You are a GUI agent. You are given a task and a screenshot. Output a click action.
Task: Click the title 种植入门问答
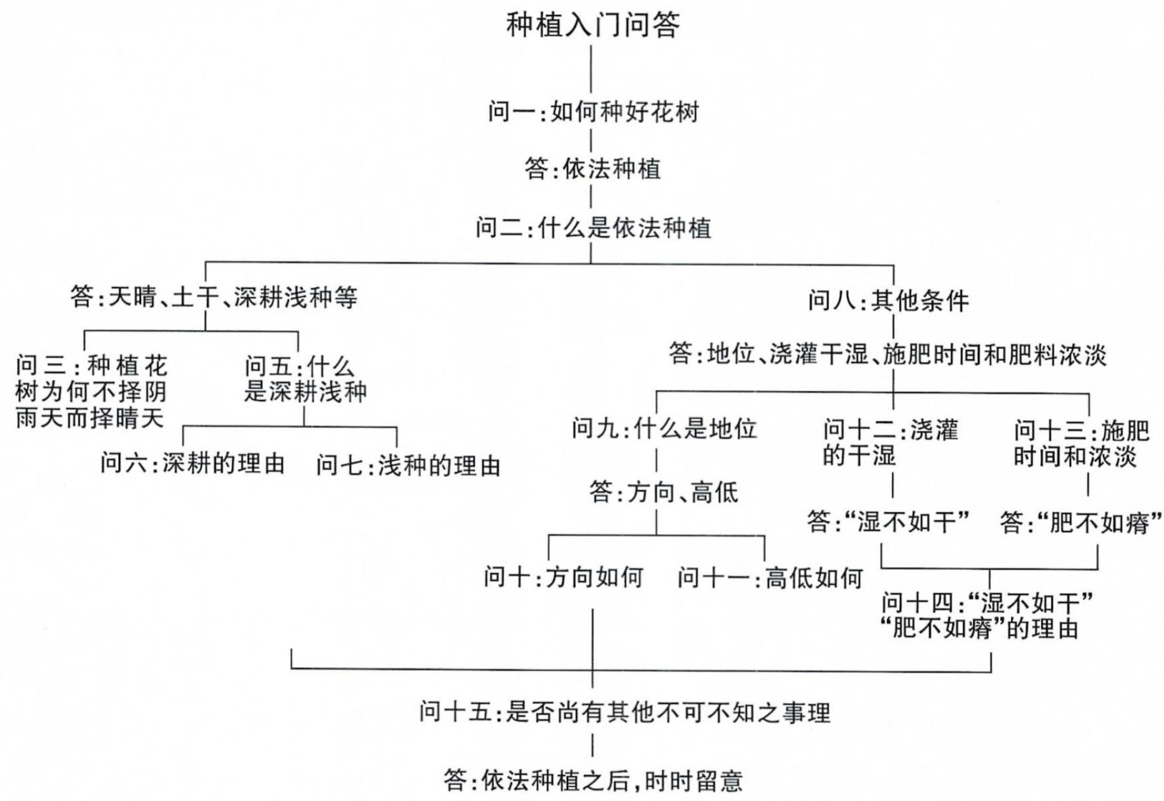pyautogui.click(x=592, y=24)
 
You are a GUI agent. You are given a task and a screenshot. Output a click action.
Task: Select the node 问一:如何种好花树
pyautogui.click(x=592, y=112)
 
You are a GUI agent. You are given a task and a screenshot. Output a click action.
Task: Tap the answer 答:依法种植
pyautogui.click(x=592, y=169)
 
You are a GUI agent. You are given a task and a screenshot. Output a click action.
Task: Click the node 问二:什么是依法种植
pyautogui.click(x=592, y=227)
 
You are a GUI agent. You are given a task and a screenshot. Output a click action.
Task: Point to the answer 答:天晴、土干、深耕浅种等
pyautogui.click(x=214, y=297)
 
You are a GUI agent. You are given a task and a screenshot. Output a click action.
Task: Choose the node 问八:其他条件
pyautogui.click(x=888, y=300)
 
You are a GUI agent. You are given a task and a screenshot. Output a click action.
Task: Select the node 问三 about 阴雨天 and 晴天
pyautogui.click(x=91, y=391)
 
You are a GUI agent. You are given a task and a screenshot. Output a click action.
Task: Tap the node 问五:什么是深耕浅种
pyautogui.click(x=305, y=379)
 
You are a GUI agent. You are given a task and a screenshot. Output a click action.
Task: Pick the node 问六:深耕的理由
pyautogui.click(x=193, y=464)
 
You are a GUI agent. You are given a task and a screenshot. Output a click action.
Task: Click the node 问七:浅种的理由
pyautogui.click(x=408, y=466)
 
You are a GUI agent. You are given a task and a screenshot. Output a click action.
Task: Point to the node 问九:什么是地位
pyautogui.click(x=664, y=429)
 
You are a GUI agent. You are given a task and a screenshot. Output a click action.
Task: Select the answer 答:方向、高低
pyautogui.click(x=664, y=492)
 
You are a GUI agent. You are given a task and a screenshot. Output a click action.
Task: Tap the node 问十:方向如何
pyautogui.click(x=563, y=577)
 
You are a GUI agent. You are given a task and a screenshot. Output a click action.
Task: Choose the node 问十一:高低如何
pyautogui.click(x=769, y=577)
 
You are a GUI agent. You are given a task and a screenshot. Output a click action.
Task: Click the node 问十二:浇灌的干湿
pyautogui.click(x=890, y=442)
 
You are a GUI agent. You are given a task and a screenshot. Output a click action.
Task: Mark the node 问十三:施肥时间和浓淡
pyautogui.click(x=1081, y=443)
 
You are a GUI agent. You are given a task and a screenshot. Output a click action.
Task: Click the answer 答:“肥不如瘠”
pyautogui.click(x=1081, y=523)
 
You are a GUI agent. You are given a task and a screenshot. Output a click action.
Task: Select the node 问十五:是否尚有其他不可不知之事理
pyautogui.click(x=625, y=713)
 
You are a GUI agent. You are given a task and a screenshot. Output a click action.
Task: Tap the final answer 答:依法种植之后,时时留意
pyautogui.click(x=592, y=781)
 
